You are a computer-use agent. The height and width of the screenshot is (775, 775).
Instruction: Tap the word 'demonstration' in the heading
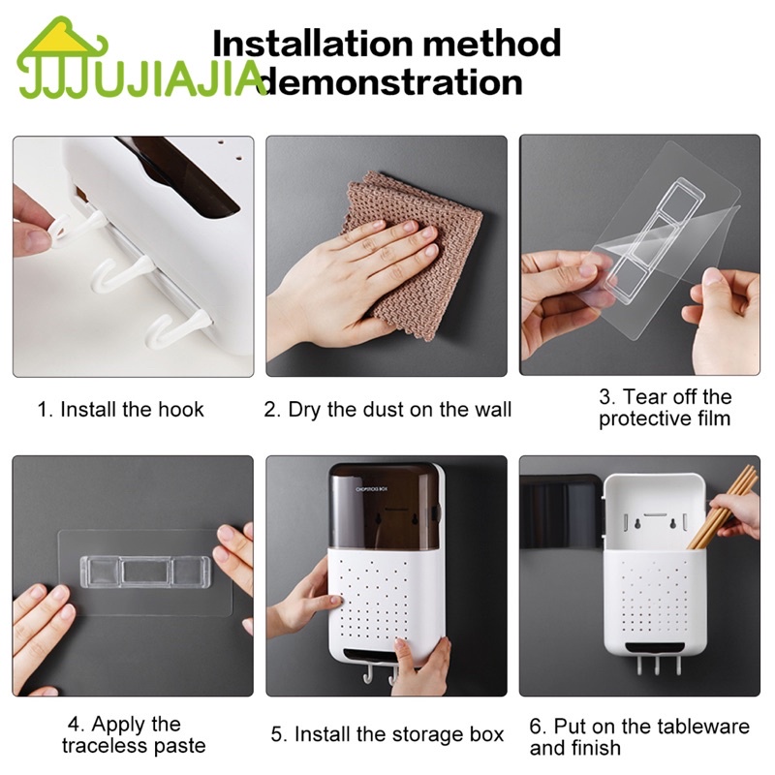[x=390, y=82]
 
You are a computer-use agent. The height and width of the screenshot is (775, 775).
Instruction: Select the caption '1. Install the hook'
[x=120, y=410]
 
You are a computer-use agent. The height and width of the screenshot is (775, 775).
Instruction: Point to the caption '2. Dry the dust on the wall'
[x=387, y=410]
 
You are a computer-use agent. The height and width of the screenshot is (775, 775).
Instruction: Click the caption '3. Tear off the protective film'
[x=665, y=408]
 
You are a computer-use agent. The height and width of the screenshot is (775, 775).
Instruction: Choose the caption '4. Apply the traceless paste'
[x=134, y=735]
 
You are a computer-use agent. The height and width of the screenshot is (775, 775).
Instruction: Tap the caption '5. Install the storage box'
[x=387, y=734]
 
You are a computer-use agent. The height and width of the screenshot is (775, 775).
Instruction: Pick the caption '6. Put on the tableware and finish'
[x=639, y=737]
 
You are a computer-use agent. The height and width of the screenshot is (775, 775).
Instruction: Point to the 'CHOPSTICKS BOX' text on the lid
[x=372, y=489]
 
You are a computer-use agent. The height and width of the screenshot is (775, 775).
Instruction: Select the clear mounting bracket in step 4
[x=145, y=572]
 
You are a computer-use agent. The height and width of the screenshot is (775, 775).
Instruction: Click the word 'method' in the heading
[x=492, y=43]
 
